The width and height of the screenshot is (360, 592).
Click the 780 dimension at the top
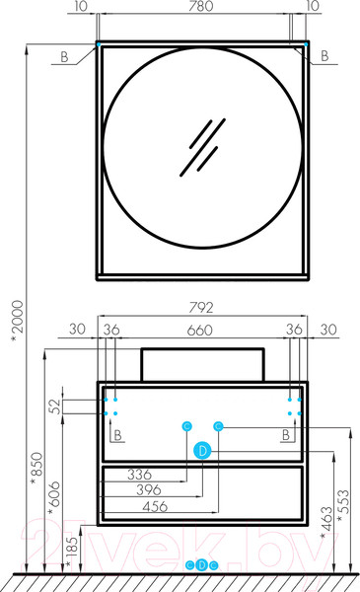click(x=201, y=6)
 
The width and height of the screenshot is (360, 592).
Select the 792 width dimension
click(x=201, y=307)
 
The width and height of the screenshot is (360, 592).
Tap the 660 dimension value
click(x=199, y=331)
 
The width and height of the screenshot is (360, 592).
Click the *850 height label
click(x=36, y=469)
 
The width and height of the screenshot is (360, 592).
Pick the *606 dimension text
click(x=54, y=497)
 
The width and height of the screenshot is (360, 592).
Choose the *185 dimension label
click(x=71, y=552)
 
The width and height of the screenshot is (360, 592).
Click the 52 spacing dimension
click(x=55, y=407)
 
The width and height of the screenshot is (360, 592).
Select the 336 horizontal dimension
click(x=139, y=475)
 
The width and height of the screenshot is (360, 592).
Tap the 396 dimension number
click(x=149, y=490)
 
